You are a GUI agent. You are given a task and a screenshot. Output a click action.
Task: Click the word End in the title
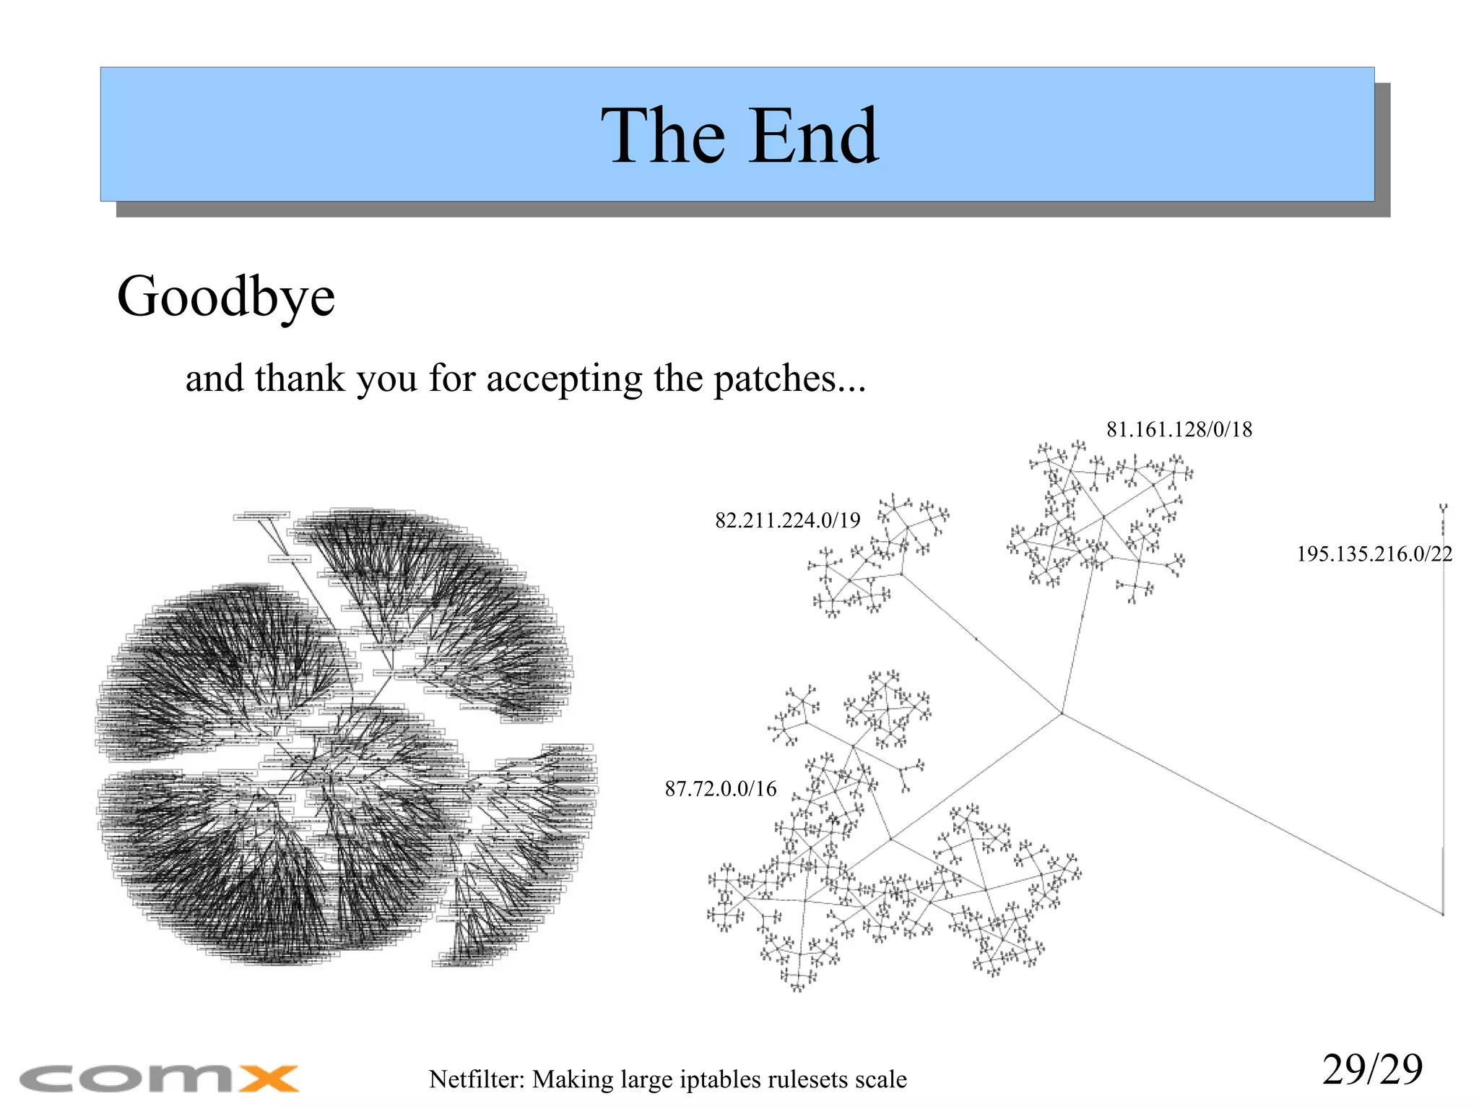pyautogui.click(x=813, y=136)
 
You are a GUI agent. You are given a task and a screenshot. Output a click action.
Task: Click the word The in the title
pyautogui.click(x=663, y=136)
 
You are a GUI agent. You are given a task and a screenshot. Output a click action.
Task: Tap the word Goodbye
pyautogui.click(x=226, y=296)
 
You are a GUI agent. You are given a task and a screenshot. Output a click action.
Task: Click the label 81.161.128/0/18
pyautogui.click(x=1179, y=430)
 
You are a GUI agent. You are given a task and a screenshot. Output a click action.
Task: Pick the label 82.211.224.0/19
pyautogui.click(x=788, y=520)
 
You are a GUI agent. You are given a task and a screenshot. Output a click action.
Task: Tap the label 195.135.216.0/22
pyautogui.click(x=1374, y=554)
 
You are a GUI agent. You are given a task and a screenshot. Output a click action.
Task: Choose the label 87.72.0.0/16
pyautogui.click(x=721, y=788)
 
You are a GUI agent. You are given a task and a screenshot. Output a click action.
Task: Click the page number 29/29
pyautogui.click(x=1372, y=1069)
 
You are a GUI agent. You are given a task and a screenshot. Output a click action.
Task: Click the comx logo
pyautogui.click(x=159, y=1079)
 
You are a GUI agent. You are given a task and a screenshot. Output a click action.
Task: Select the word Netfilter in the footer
pyautogui.click(x=477, y=1079)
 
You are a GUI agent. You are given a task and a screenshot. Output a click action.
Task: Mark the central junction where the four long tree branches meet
pyautogui.click(x=1062, y=714)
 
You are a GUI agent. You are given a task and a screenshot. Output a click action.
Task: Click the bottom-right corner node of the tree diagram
pyautogui.click(x=1443, y=915)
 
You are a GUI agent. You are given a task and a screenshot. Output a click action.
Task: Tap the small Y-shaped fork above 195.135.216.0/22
pyautogui.click(x=1443, y=509)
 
